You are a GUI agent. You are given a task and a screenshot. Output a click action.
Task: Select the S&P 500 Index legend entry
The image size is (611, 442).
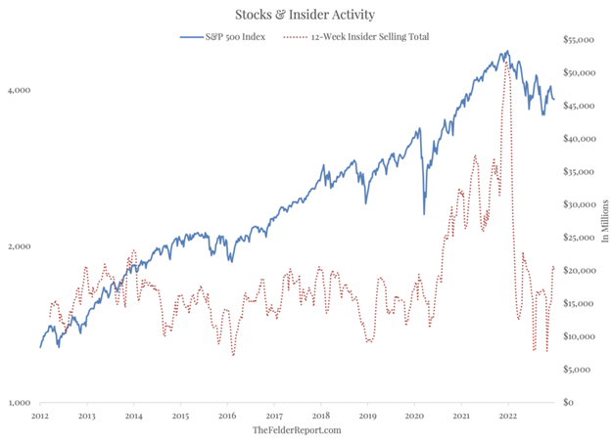[232, 37]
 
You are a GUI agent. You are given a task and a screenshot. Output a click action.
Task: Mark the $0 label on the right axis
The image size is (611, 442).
[568, 402]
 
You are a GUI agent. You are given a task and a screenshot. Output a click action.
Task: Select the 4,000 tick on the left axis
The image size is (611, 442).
[21, 89]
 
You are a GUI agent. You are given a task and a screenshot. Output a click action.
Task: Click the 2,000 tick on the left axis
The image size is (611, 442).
[21, 245]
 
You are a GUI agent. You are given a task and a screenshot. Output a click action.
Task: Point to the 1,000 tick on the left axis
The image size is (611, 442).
[21, 402]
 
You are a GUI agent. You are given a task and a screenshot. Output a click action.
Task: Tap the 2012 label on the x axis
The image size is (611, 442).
[39, 415]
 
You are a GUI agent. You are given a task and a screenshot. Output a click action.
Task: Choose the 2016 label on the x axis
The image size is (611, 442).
[226, 415]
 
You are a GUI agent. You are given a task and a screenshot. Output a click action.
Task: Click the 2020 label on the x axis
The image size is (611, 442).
[413, 415]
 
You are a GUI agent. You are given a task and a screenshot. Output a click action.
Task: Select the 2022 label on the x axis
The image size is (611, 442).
[507, 415]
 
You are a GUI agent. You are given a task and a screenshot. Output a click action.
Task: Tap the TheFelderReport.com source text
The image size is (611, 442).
[297, 429]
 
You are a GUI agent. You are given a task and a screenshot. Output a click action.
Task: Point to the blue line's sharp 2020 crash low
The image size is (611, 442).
[424, 214]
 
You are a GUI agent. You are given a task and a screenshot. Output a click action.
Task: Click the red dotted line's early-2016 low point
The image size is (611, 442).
[233, 355]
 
